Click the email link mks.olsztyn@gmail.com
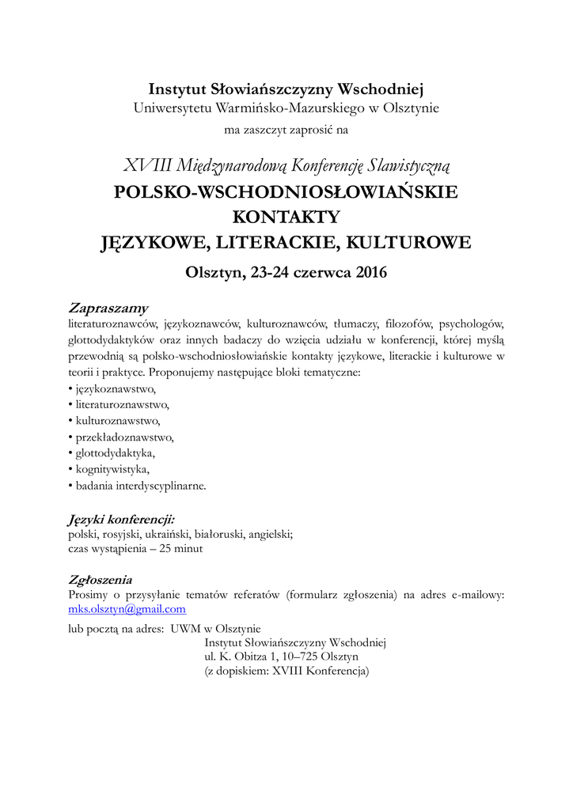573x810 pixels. (127, 609)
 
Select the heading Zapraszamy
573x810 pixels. (108, 308)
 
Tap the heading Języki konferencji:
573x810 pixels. (121, 519)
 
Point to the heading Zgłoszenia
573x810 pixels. (101, 580)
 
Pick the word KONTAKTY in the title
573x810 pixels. (286, 216)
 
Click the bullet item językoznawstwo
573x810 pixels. (116, 389)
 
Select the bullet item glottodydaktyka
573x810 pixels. (115, 453)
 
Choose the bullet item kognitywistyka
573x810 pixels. (112, 470)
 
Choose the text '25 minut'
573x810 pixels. (181, 549)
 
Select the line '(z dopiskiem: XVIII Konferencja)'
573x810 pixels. (286, 672)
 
